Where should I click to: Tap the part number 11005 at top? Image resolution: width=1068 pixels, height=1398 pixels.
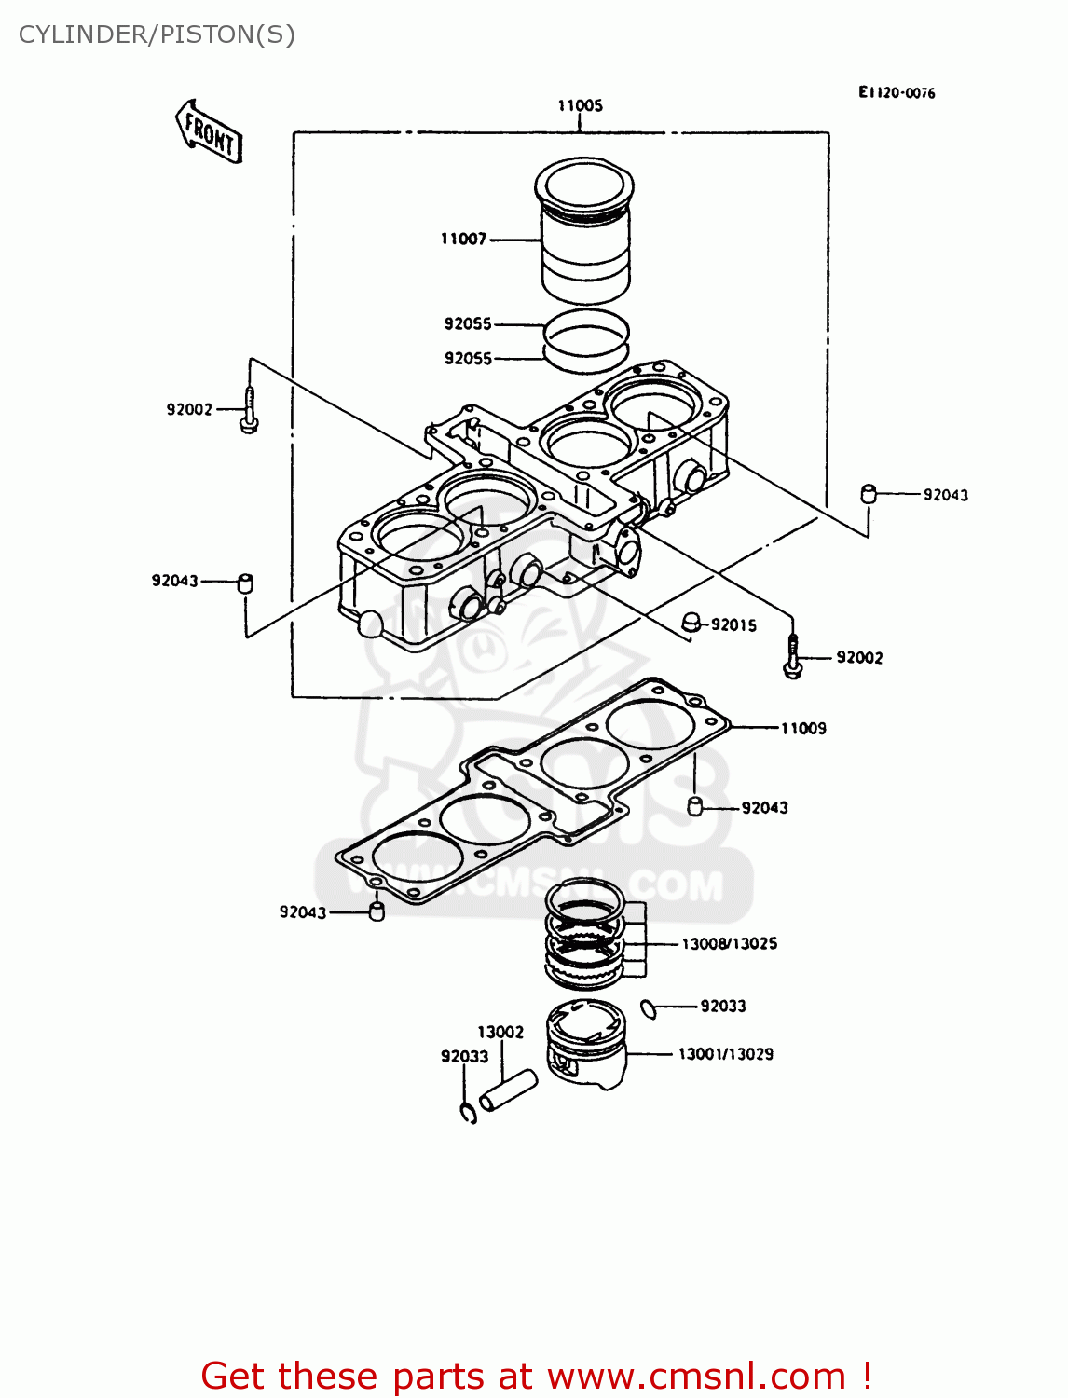[580, 105]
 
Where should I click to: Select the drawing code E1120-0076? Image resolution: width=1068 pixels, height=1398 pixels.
[897, 92]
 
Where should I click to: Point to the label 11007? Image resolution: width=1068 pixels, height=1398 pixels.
[463, 240]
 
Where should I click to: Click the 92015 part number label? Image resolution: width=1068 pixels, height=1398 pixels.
[733, 625]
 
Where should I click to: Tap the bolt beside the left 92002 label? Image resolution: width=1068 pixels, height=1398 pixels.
[249, 410]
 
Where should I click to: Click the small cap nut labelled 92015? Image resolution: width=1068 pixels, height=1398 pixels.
[691, 621]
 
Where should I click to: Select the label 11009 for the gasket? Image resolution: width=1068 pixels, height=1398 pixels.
[803, 729]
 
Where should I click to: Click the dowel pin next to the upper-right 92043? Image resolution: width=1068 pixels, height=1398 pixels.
[868, 493]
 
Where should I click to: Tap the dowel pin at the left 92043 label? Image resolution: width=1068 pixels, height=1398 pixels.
[246, 583]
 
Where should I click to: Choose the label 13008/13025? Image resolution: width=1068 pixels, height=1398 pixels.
[729, 944]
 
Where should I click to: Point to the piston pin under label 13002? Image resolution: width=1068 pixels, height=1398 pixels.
[508, 1090]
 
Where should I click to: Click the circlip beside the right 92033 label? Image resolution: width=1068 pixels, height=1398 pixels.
[650, 1008]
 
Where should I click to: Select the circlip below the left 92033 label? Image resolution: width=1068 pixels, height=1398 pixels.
[468, 1112]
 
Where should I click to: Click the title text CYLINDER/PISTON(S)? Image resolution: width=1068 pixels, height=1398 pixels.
[157, 34]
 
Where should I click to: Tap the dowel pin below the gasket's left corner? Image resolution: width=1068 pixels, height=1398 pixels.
[377, 911]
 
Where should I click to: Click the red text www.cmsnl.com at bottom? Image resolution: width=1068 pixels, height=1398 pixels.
[695, 1376]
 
